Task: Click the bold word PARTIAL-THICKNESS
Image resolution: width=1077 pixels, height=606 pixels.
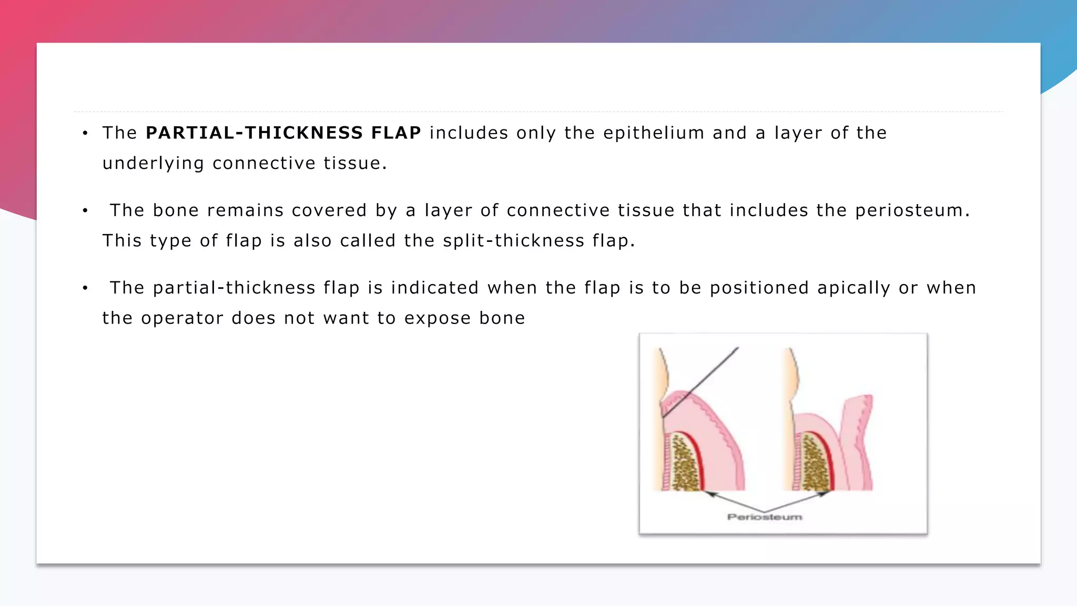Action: [254, 133]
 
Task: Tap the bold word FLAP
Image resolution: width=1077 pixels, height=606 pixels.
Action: [396, 133]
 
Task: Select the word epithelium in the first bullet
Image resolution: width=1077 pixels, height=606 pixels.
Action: [653, 133]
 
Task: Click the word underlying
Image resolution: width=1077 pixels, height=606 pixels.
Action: [153, 164]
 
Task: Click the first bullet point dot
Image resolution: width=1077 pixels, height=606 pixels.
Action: [85, 133]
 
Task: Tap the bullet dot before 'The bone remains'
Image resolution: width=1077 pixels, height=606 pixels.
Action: [85, 211]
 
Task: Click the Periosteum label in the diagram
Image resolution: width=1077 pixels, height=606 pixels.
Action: [765, 517]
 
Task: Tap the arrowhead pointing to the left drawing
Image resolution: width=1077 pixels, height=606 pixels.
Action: [710, 493]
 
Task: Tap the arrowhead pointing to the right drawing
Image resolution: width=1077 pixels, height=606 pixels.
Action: [824, 493]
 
